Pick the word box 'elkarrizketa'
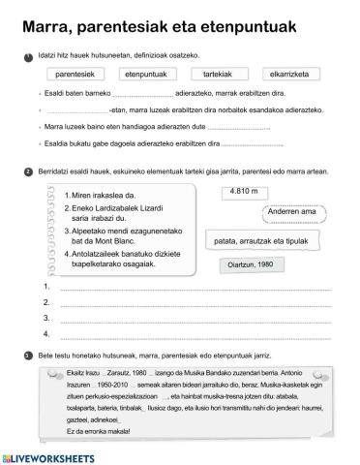pos(286,74)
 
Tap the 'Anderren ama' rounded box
pos(291,212)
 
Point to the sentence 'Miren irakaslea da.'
pos(105,195)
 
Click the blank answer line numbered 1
pos(194,290)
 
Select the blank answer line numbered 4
pos(194,334)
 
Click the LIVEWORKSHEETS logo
pos(48,455)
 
